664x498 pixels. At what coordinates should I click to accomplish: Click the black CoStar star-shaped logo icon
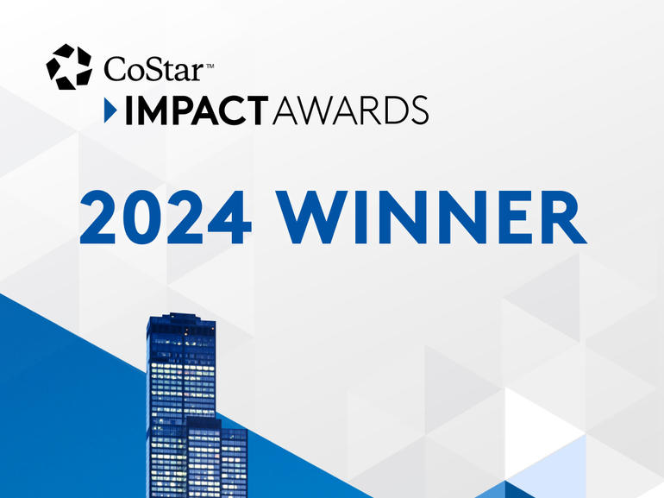(x=69, y=66)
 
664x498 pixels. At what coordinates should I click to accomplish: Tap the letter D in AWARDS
(x=389, y=110)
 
